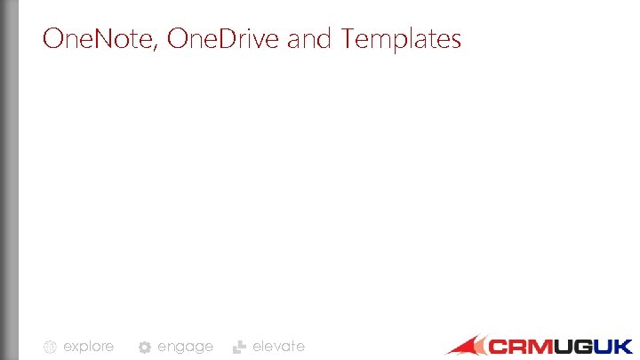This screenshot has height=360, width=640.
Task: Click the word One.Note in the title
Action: (x=100, y=39)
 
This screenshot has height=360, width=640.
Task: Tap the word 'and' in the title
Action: (x=312, y=39)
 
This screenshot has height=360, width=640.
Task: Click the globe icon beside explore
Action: (x=51, y=348)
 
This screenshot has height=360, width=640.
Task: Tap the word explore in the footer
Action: (x=88, y=347)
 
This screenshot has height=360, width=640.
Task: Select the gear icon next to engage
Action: (x=144, y=348)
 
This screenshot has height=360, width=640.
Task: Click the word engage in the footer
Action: (x=185, y=347)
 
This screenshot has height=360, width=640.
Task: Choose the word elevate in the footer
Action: (x=278, y=346)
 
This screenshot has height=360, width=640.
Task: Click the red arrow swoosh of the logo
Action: (x=464, y=346)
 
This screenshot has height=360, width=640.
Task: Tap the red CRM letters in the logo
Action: (x=519, y=346)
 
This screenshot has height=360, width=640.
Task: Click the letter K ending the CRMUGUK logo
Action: (x=623, y=346)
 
